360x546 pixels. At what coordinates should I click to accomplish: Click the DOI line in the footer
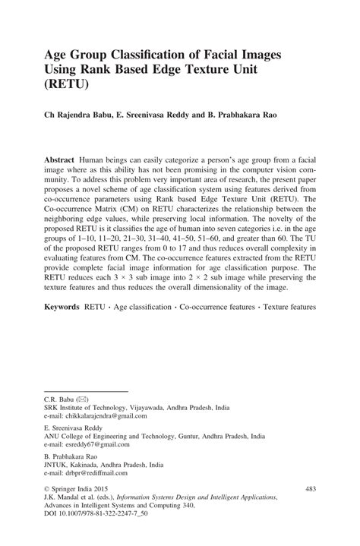[89, 536]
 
